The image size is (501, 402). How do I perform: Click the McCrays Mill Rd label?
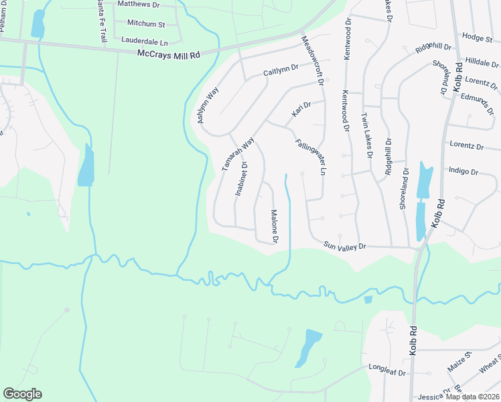point(168,54)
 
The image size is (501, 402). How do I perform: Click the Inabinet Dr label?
point(241,179)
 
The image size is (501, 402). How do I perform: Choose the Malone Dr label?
point(274,226)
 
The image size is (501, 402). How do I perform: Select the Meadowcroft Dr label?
point(312,60)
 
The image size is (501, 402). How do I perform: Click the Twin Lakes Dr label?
point(366,135)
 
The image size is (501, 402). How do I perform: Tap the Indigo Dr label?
point(463,172)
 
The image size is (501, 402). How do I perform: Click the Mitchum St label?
point(146,24)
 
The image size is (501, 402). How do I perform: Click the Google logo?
point(22,394)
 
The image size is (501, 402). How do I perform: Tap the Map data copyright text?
point(472,397)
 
